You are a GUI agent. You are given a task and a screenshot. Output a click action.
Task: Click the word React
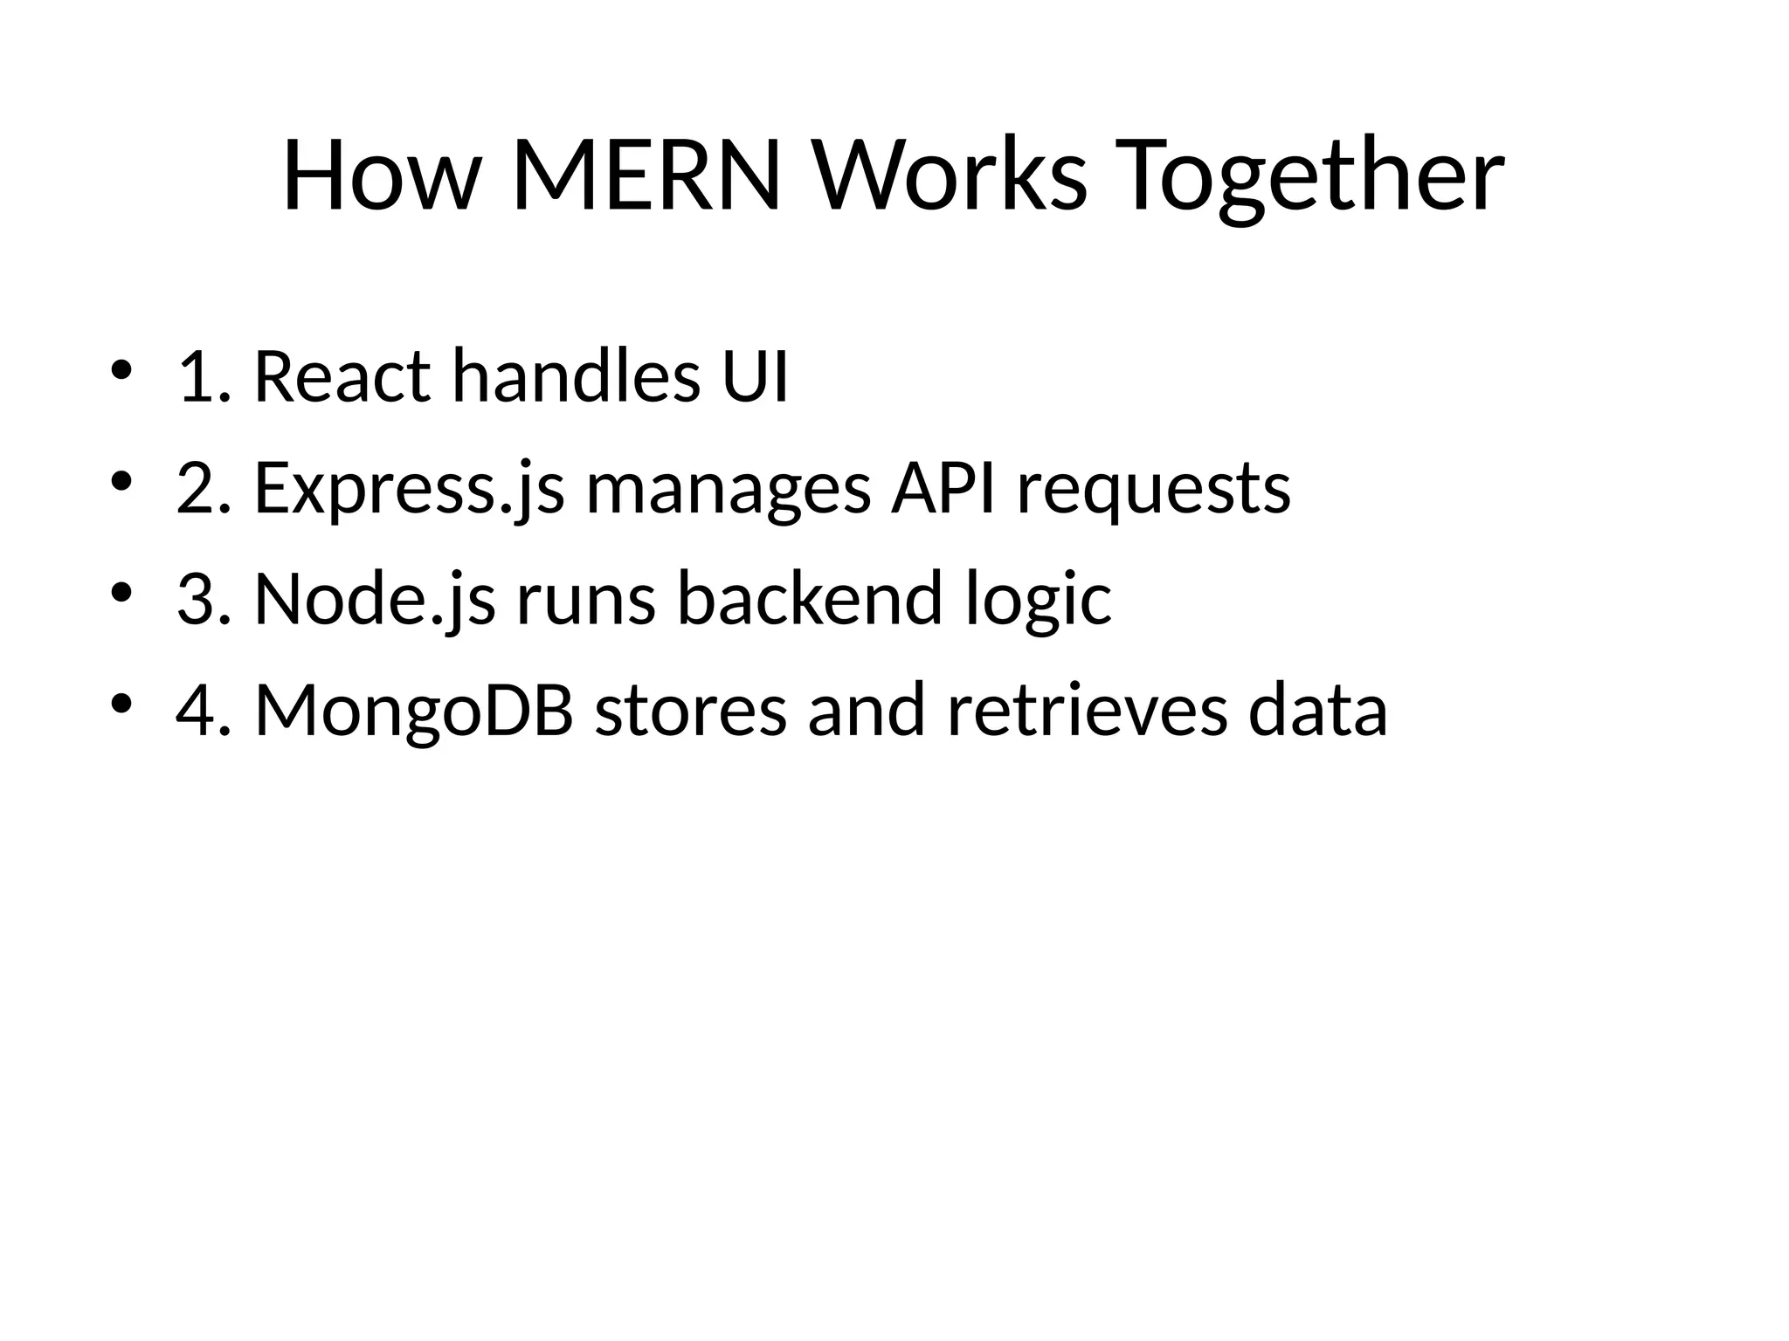tap(342, 376)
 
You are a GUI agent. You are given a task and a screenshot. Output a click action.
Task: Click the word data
tap(1318, 711)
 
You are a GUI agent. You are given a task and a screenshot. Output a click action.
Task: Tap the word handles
tap(577, 376)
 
